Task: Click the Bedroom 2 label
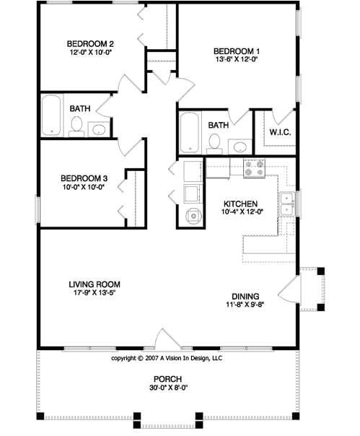91,43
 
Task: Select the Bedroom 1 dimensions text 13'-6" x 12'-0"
236,61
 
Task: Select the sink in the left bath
99,129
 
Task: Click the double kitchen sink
287,201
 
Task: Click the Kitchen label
238,204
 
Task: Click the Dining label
245,295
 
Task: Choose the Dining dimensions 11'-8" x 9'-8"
245,305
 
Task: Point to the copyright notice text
167,357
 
